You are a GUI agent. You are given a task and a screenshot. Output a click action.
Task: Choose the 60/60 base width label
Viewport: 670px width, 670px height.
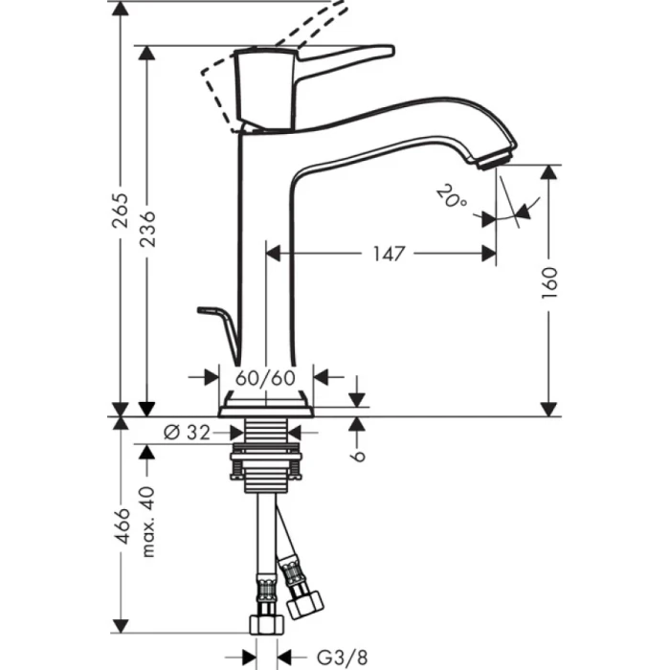click(264, 377)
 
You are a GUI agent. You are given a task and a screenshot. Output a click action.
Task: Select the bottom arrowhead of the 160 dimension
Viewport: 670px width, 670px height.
click(548, 410)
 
